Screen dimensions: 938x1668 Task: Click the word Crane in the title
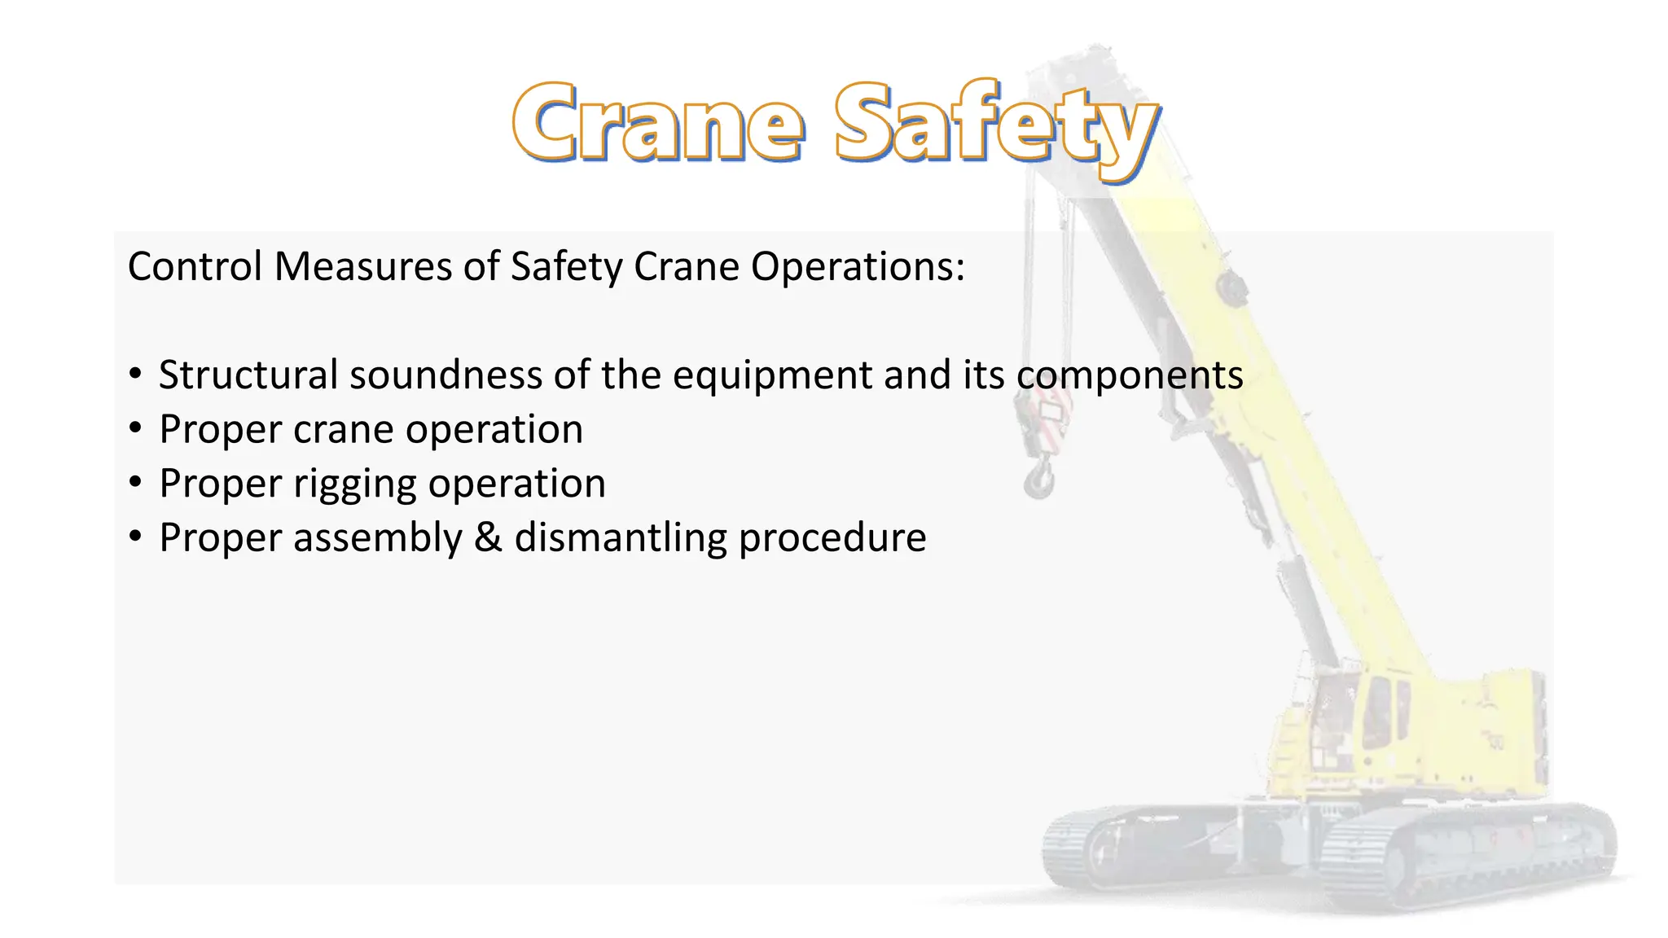(658, 122)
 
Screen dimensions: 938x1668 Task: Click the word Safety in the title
(995, 126)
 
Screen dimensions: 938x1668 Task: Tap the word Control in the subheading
(195, 266)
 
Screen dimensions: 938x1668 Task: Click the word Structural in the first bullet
(248, 375)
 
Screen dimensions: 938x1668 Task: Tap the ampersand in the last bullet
(488, 537)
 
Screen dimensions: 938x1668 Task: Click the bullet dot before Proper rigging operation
(135, 483)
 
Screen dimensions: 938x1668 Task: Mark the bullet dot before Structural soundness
(135, 375)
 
